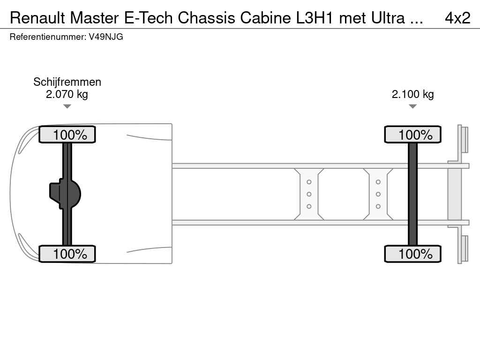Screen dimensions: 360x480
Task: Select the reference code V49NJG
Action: pos(106,37)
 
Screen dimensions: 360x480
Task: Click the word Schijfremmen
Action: pos(67,82)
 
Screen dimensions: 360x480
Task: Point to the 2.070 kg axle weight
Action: pos(67,94)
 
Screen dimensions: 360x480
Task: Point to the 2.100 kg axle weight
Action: pos(412,94)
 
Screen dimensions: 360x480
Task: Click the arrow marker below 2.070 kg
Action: pos(67,106)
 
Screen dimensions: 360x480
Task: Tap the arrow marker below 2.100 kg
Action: pos(412,106)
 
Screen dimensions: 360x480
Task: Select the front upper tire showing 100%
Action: pos(67,135)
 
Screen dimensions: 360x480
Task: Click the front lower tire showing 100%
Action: pos(67,254)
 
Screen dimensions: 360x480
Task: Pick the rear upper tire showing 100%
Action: pos(412,135)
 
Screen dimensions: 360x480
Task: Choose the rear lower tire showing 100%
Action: pos(412,254)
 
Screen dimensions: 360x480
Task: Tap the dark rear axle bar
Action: pos(412,194)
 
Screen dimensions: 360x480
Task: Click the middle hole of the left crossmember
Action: pos(309,194)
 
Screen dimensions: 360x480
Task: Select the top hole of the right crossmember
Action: pos(378,182)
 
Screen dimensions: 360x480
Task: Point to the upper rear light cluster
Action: pos(464,140)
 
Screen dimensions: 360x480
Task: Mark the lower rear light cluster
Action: pos(464,248)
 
